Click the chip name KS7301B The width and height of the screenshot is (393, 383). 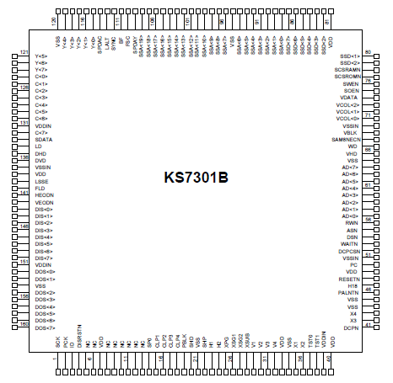pos(196,178)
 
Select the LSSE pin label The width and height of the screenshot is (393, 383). pos(41,181)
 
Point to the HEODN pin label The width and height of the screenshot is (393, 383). pos(45,195)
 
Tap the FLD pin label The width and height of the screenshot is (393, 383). pos(40,188)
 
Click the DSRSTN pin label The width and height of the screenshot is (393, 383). pos(80,336)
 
